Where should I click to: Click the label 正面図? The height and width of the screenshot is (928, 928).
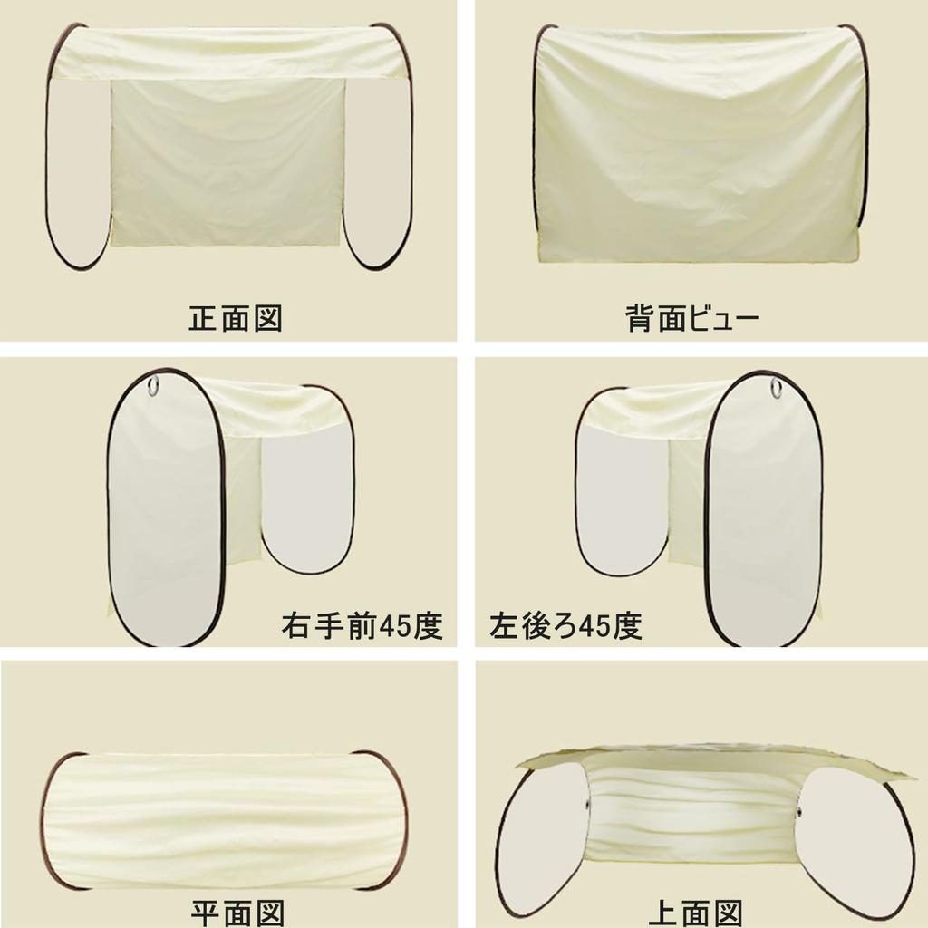236,319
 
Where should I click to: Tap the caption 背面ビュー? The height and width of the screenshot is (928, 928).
691,319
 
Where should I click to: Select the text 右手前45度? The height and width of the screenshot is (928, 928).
362,626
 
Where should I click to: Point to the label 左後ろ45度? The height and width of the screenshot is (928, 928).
566,626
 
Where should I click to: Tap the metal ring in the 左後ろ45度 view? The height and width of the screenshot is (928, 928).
777,388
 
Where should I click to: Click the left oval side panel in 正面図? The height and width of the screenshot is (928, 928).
78,172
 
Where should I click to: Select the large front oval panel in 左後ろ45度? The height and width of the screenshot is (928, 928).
763,512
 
